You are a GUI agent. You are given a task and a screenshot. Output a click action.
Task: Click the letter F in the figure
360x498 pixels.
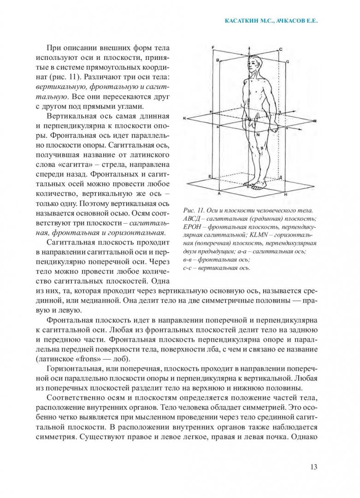212,47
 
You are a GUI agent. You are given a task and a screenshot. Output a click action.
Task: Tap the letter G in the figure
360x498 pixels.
287,62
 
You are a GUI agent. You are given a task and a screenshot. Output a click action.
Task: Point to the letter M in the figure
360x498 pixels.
314,121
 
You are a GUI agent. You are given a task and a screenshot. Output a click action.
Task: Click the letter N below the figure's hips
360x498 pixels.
258,134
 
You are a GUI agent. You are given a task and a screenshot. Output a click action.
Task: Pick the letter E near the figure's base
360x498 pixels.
210,177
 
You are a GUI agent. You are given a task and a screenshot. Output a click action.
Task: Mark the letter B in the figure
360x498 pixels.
217,60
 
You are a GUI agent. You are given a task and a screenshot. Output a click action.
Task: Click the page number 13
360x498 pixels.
313,467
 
